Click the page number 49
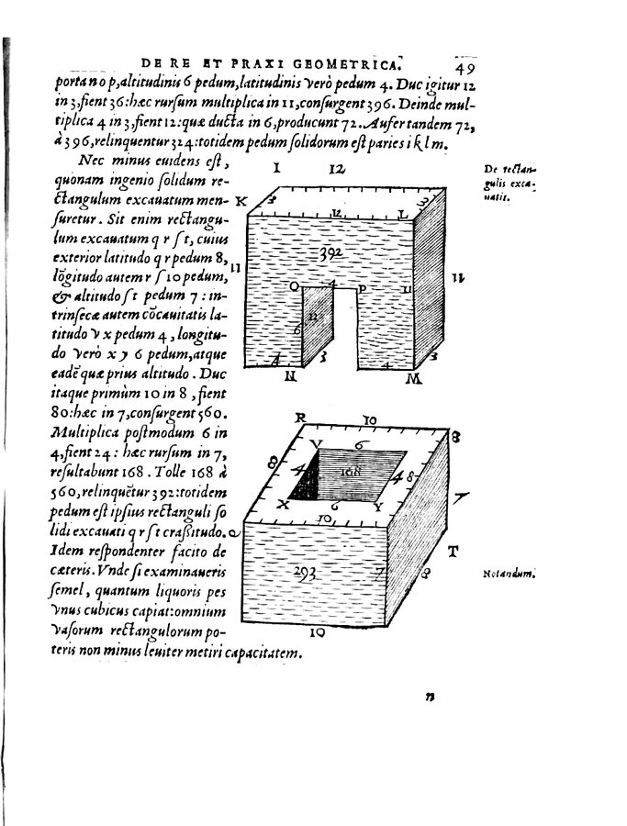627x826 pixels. click(x=462, y=66)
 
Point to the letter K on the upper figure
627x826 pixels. click(x=241, y=200)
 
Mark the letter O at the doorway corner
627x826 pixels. click(x=296, y=287)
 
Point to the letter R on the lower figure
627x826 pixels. click(x=299, y=418)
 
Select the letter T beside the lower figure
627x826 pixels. click(x=453, y=552)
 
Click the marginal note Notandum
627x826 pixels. click(x=508, y=575)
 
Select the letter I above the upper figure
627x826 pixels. click(x=276, y=169)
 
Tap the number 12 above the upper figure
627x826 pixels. click(x=336, y=169)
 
